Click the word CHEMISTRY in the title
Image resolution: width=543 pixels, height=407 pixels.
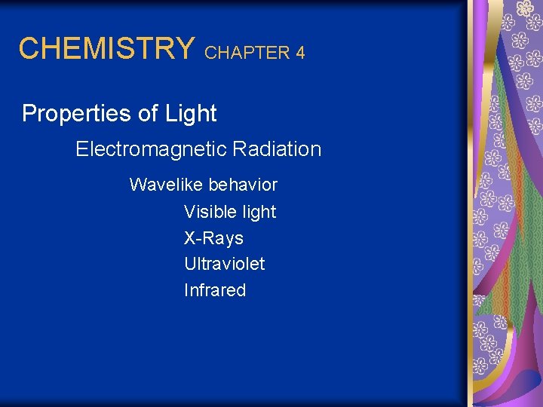[106, 48]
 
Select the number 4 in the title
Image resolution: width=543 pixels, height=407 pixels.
[300, 53]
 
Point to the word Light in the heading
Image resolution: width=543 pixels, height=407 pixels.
[192, 114]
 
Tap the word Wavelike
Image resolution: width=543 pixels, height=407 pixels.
[166, 185]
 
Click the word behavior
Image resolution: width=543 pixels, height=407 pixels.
[243, 185]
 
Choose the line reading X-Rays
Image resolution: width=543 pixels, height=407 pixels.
[213, 238]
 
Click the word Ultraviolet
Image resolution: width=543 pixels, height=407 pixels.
[224, 264]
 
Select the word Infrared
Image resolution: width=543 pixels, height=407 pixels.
[215, 290]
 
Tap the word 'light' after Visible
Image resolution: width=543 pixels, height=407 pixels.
[259, 213]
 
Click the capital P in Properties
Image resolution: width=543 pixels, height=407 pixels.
[29, 114]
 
